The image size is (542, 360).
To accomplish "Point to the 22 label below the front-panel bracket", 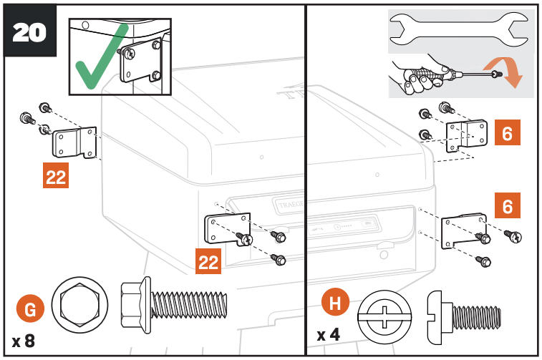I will (x=208, y=262).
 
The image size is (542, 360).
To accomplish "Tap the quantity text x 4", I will (x=329, y=334).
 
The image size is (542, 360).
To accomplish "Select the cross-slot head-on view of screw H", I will (x=386, y=316).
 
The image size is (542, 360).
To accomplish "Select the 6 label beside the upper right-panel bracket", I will (x=507, y=134).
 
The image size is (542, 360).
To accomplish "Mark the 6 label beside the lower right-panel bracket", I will (x=507, y=207).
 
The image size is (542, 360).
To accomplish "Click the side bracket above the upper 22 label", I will (x=74, y=141).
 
